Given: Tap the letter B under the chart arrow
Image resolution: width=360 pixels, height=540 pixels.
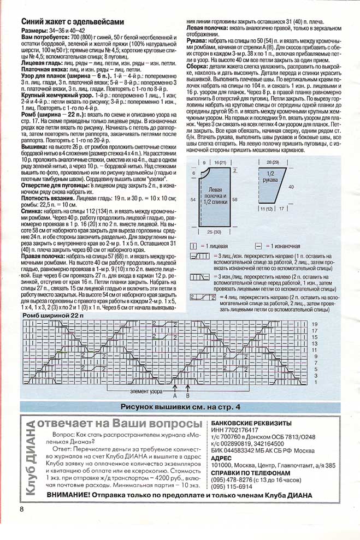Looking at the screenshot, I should click(187, 395).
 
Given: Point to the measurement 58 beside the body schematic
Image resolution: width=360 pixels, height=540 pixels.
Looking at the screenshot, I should click(235, 200).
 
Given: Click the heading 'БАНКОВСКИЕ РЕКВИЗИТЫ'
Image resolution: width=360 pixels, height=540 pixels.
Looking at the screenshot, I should click(251, 423).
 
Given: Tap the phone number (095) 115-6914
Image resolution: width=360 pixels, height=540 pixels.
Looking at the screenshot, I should click(232, 471).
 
